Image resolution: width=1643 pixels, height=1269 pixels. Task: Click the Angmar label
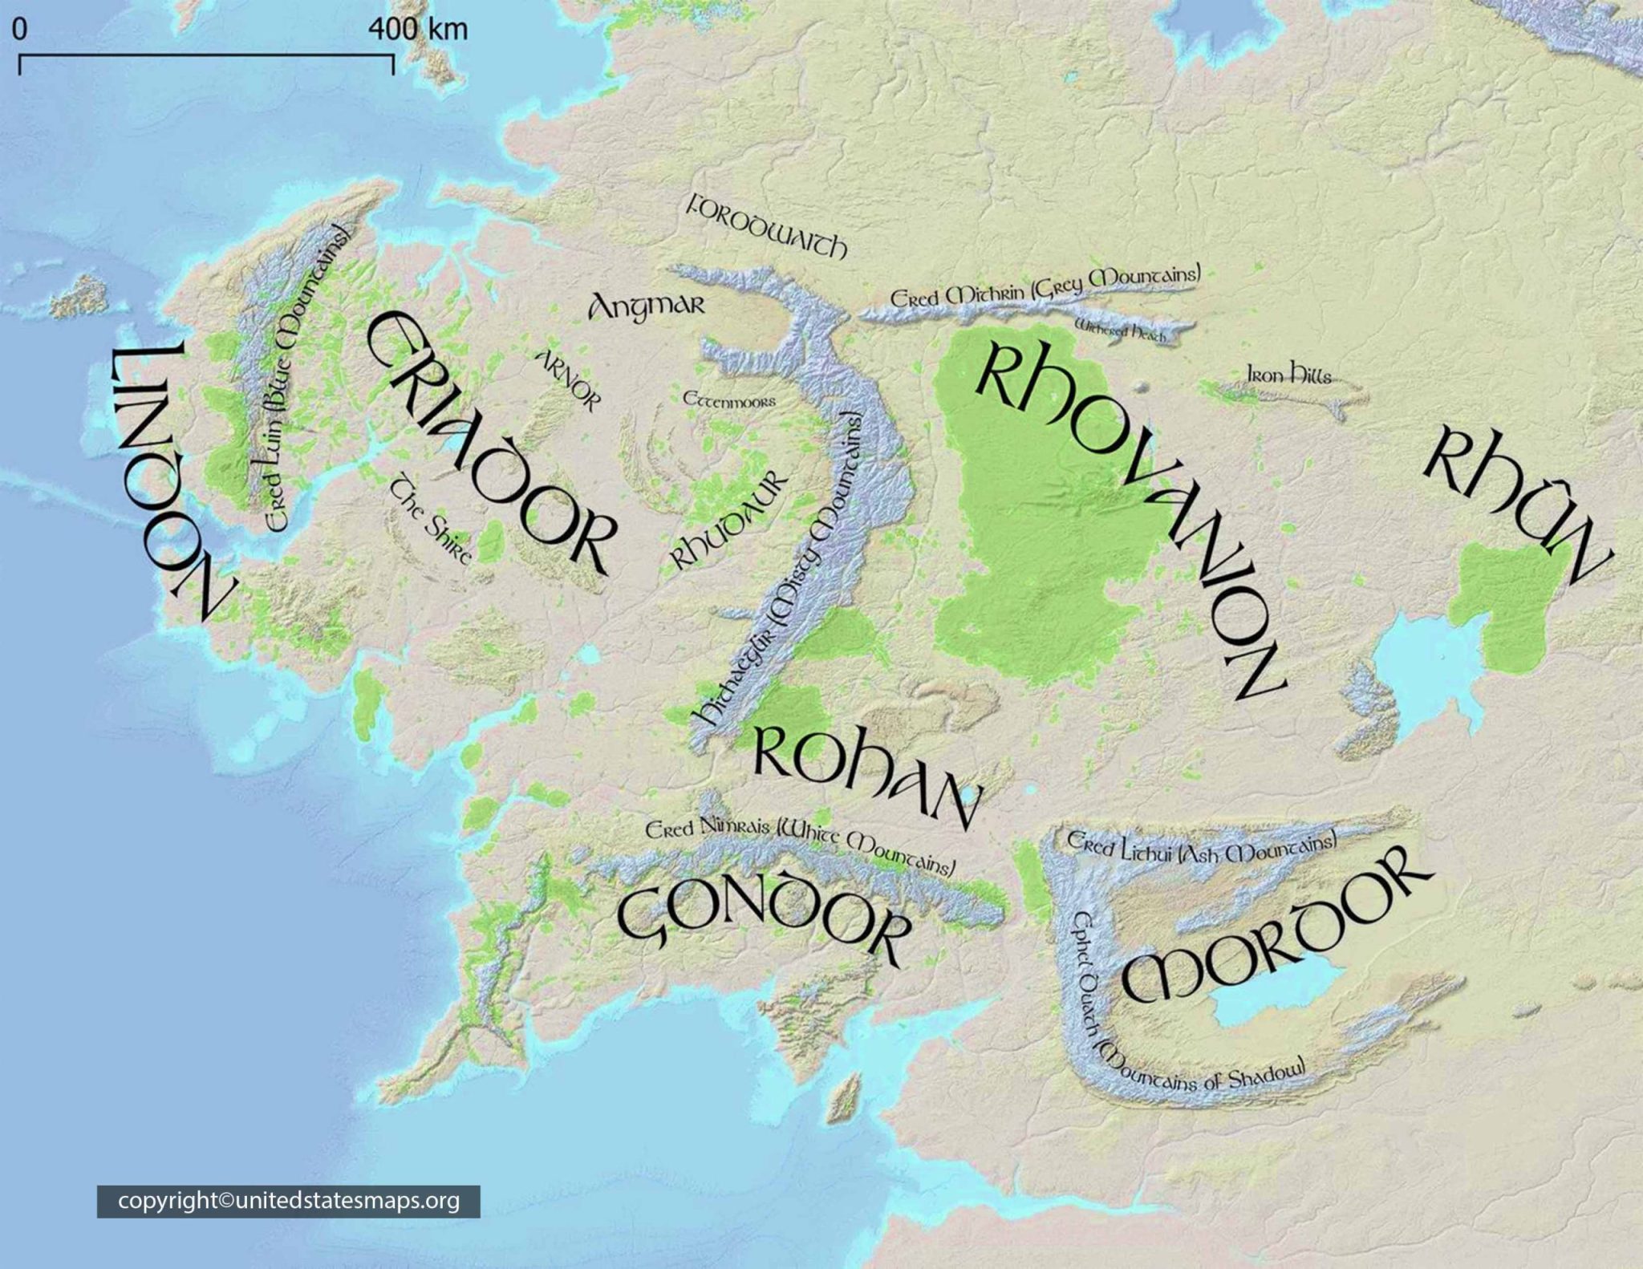647,306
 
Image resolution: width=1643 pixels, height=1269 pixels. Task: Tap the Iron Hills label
1288,374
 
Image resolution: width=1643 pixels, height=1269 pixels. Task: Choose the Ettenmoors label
729,399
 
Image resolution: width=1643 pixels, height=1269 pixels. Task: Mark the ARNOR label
567,380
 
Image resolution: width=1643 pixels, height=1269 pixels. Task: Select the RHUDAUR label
728,521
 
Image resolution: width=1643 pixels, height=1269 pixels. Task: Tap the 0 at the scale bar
19,30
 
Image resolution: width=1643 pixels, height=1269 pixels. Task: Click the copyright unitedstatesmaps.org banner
289,1201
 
